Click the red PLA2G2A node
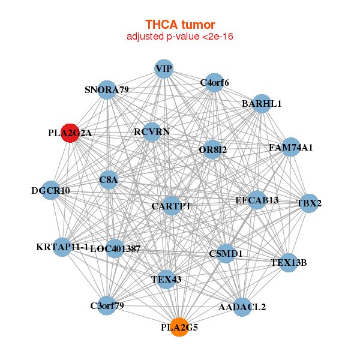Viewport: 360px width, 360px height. click(70, 133)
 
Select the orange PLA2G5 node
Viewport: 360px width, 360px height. click(179, 328)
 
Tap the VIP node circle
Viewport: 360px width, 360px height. click(164, 69)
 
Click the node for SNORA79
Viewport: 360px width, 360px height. click(107, 90)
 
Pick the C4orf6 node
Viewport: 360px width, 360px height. click(214, 83)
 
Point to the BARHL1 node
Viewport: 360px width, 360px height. click(262, 104)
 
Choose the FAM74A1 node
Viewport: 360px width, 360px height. click(290, 147)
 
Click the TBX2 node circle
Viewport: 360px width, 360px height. click(309, 203)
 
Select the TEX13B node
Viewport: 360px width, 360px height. click(289, 262)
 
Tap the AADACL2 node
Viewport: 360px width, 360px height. click(242, 307)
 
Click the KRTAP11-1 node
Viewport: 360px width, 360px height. click(62, 247)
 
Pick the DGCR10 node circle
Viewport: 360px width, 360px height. click(51, 191)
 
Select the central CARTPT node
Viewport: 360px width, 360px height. click(171, 206)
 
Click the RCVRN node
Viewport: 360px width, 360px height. click(152, 131)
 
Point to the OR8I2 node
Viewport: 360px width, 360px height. click(212, 150)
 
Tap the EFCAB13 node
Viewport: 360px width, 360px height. click(257, 200)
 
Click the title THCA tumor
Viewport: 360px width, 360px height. click(180, 25)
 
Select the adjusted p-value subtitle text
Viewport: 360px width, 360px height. click(180, 37)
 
